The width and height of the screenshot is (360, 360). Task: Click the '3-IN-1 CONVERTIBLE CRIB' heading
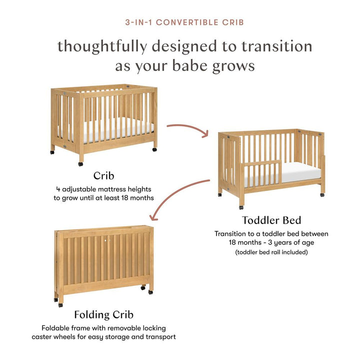tap(184, 22)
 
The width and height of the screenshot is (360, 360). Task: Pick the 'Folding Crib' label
tap(103, 315)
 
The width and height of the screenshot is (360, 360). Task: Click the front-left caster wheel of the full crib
tap(80, 163)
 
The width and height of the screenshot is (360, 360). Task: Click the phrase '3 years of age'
tap(289, 242)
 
